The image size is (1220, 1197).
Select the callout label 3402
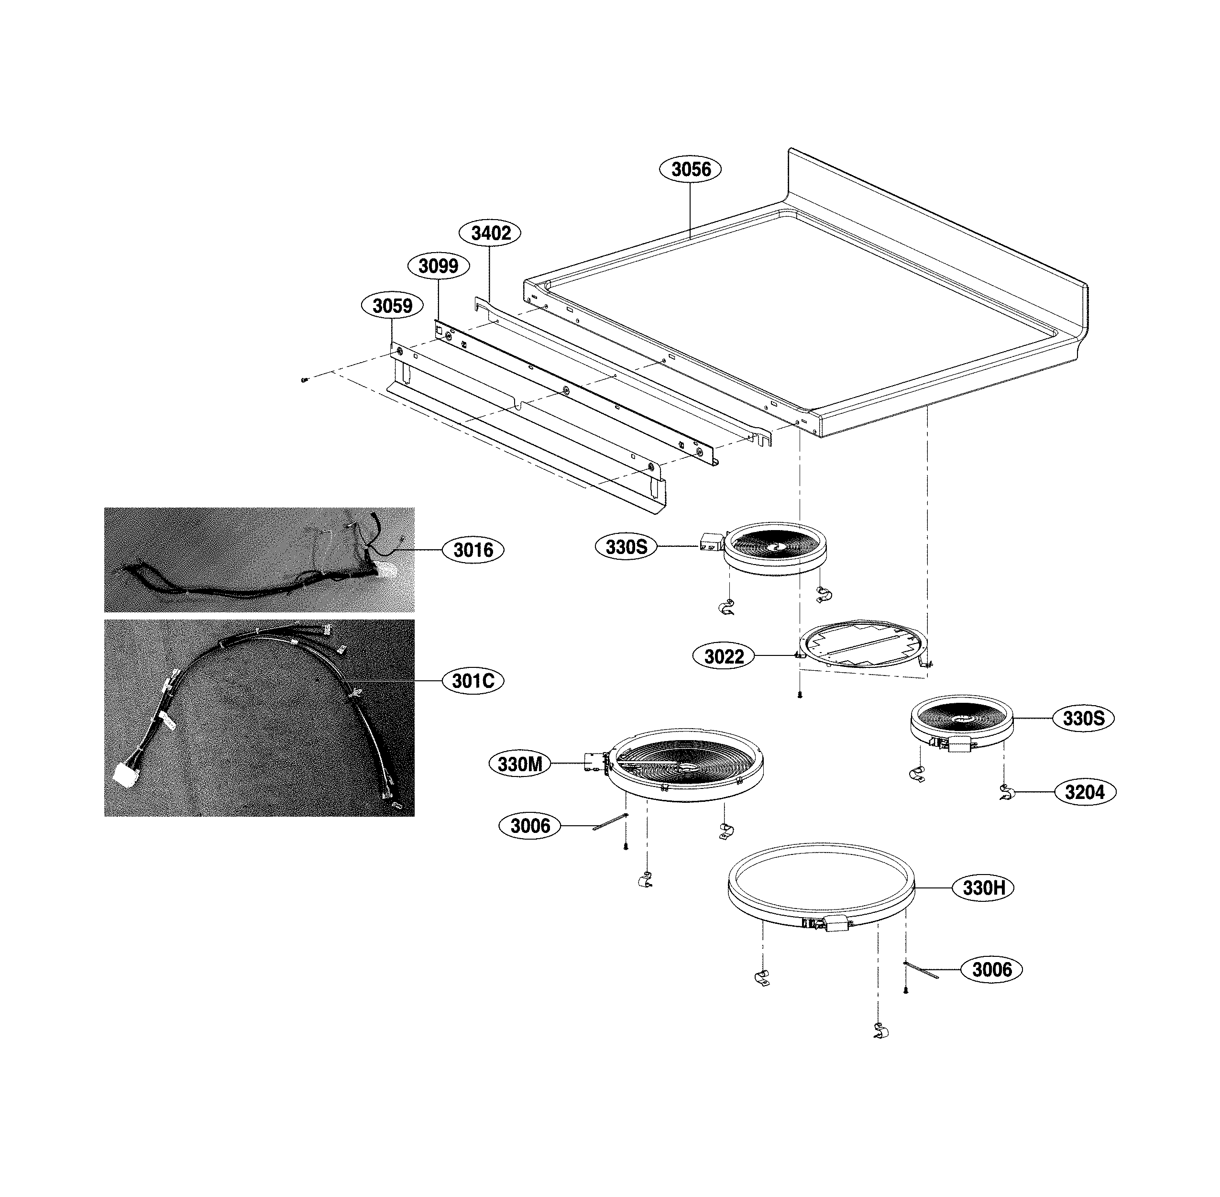[490, 233]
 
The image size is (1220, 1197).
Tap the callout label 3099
[438, 266]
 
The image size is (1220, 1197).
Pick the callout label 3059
[392, 306]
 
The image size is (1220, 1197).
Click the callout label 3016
[473, 550]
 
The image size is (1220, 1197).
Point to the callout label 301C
[473, 681]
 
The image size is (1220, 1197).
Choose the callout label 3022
[724, 656]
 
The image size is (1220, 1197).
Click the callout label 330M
[520, 765]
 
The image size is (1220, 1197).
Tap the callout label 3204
[1085, 792]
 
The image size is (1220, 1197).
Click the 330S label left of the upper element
[626, 547]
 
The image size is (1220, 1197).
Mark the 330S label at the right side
[1083, 718]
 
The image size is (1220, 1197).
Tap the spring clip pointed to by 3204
[1004, 793]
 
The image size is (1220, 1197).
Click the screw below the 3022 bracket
[800, 695]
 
